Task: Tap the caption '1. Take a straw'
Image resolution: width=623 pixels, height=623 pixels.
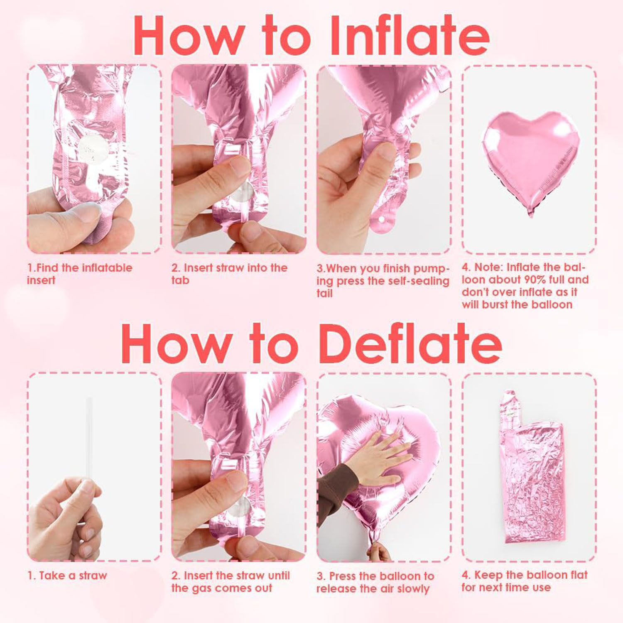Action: pos(67,575)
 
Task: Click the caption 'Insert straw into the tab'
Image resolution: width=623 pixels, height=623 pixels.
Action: pos(230,274)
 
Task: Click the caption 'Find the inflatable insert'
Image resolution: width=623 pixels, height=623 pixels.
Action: pos(80,274)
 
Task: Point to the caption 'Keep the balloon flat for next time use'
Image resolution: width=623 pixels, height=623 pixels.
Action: pos(525,581)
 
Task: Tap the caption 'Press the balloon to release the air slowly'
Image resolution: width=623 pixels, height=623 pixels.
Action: pos(375,582)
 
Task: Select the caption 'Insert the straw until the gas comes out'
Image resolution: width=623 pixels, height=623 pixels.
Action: pos(231,581)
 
